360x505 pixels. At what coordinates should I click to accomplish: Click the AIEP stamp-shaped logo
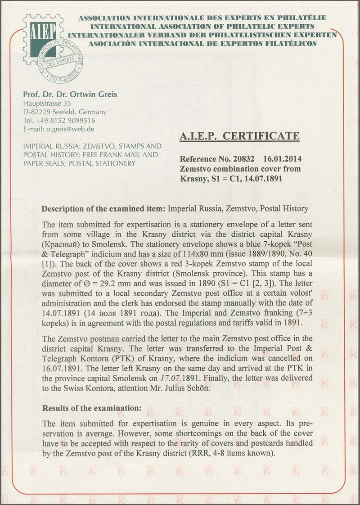point(39,32)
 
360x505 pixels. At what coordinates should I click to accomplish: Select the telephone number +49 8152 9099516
point(66,120)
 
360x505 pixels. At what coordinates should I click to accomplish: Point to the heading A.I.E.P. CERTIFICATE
point(239,136)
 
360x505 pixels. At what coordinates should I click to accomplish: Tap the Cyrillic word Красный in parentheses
point(61,243)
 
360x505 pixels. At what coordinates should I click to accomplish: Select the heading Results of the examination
point(92,409)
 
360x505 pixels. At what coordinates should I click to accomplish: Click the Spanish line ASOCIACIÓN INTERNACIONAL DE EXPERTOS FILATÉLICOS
point(202,44)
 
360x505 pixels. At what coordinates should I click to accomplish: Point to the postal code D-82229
point(37,112)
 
